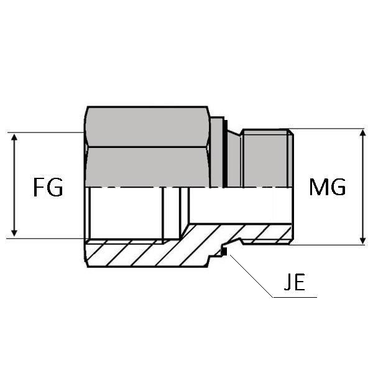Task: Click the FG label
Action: (48, 186)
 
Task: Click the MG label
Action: (328, 186)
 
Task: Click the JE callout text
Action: (295, 285)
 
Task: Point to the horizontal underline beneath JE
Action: (295, 297)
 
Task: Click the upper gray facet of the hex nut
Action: (146, 127)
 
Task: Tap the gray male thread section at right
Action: (266, 159)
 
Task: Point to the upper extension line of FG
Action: (44, 132)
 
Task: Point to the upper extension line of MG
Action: (329, 129)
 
